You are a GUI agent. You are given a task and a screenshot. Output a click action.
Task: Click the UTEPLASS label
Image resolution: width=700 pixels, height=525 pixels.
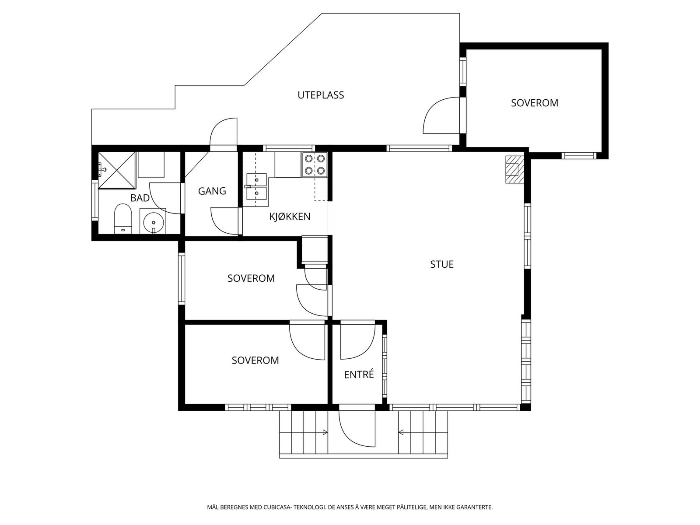point(321,95)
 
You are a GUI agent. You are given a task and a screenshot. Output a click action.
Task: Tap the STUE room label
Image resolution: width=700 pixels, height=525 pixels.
point(442,264)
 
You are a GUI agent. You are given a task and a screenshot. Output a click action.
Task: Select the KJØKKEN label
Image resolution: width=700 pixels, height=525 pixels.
point(290,217)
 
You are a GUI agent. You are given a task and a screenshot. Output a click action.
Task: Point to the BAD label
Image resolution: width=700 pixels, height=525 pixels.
point(140,198)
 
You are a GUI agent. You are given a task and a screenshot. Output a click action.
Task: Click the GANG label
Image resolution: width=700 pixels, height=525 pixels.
point(212,191)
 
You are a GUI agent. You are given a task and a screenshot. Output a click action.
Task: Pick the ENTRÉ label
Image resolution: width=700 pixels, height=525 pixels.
point(359,374)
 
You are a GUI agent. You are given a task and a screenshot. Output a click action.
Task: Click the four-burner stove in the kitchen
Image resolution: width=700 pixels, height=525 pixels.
point(315,164)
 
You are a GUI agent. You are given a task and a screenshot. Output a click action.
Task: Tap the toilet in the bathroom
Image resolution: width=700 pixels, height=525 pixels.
point(123,218)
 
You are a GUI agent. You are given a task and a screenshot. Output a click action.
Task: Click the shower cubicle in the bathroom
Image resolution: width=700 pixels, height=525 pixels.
point(117,170)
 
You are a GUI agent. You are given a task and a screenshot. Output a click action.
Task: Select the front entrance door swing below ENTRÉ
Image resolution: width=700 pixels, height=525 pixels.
point(357,428)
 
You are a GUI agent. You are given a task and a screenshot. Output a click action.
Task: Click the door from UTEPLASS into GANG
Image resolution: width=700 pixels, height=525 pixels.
point(224,134)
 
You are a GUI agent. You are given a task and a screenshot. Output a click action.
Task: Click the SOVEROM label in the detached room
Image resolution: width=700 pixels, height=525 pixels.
point(535,103)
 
